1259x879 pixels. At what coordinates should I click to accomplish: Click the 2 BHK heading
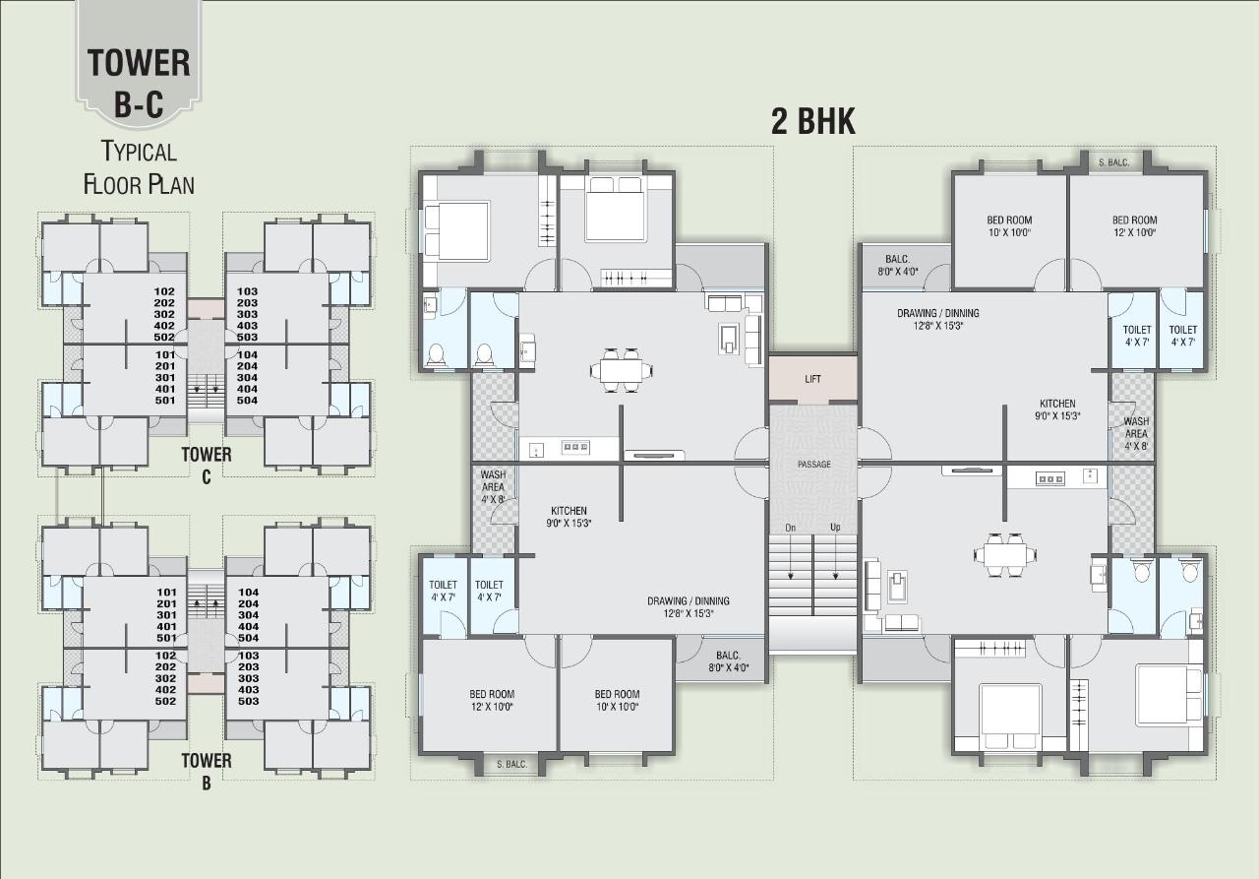tap(812, 122)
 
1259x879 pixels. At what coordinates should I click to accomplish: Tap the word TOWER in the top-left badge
tap(139, 63)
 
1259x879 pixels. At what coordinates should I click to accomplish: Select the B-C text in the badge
tap(139, 103)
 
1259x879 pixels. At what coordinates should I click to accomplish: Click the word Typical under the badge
tap(139, 152)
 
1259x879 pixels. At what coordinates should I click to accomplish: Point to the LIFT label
tap(812, 379)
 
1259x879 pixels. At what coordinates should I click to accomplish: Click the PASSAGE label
tap(813, 464)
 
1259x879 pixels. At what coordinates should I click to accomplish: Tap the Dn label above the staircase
tap(789, 528)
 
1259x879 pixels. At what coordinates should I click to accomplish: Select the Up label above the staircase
tap(835, 528)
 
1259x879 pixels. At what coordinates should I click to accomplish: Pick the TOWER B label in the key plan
tap(207, 769)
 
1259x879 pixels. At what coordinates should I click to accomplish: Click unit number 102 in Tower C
tap(165, 291)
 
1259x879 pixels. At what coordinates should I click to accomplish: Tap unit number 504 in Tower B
tap(248, 637)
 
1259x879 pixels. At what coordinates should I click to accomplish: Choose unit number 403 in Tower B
tap(248, 689)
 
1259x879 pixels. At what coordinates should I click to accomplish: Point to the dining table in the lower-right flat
tap(1005, 555)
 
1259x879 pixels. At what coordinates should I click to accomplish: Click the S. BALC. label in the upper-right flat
tap(1113, 162)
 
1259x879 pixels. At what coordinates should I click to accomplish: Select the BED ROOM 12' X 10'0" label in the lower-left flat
tap(492, 700)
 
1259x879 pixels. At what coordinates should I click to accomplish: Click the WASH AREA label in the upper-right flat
tap(1135, 433)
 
